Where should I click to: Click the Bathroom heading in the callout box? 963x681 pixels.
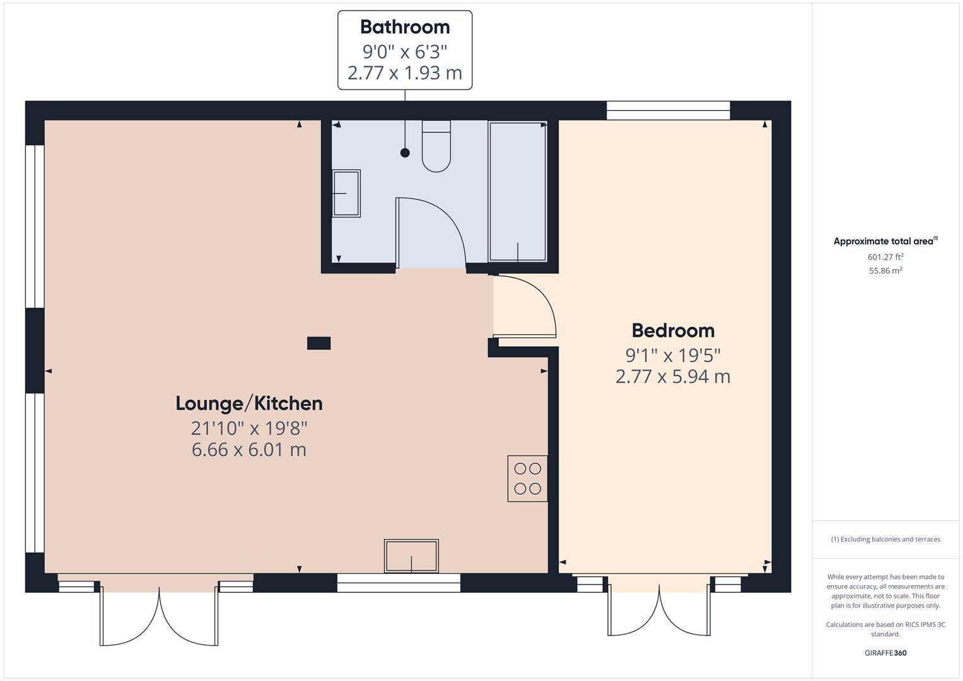point(405,27)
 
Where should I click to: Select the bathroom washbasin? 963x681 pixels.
point(346,193)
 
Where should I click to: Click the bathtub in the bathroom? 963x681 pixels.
point(517,191)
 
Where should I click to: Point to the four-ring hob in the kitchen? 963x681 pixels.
point(527,479)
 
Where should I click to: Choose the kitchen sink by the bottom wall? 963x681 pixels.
point(411,556)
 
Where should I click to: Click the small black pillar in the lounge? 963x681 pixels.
point(318,343)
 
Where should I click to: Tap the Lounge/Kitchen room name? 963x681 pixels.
point(249,404)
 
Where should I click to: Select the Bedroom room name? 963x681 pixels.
point(673,330)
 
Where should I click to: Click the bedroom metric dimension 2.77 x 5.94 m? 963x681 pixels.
point(673,377)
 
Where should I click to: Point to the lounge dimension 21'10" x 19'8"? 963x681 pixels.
point(249,428)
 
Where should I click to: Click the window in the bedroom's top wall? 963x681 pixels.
point(668,110)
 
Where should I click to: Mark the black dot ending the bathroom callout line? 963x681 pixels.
point(405,153)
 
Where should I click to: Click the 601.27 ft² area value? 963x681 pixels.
point(885,257)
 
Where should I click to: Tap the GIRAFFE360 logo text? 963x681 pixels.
point(885,653)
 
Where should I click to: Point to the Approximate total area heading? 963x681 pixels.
point(884,241)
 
